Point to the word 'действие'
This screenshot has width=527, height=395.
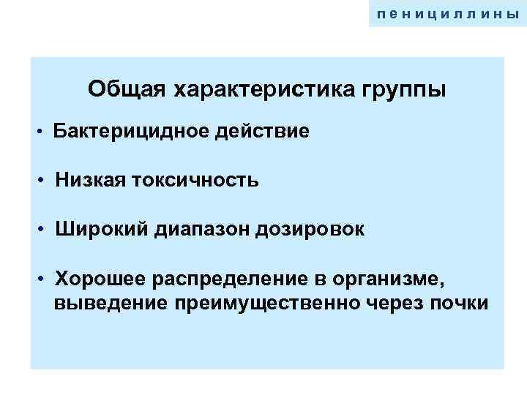[x=269, y=132]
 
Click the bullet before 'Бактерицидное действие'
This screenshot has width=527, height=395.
[x=45, y=132]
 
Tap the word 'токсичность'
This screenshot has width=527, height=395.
[x=195, y=180]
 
